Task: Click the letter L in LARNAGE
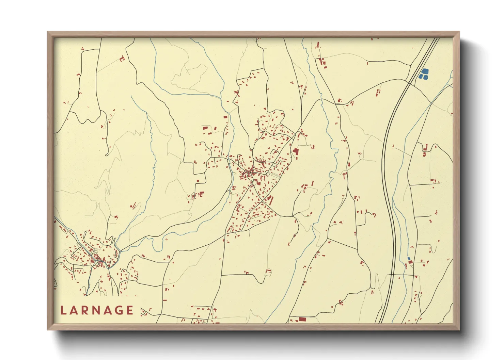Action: pos(63,310)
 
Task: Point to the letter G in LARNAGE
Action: pos(117,310)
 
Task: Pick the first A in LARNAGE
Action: pos(75,310)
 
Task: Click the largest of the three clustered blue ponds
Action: pos(425,71)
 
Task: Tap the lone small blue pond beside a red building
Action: pos(409,259)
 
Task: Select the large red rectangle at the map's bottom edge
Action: pos(302,319)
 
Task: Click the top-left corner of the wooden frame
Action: pos(48,32)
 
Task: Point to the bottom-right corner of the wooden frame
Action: pos(459,330)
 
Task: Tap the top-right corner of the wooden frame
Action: pos(459,32)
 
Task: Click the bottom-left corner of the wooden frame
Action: pos(48,330)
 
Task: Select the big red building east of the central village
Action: pos(295,151)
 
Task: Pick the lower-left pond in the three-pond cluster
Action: pos(421,77)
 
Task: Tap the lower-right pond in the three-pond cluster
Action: pos(425,77)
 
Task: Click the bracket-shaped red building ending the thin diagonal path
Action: pos(122,59)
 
